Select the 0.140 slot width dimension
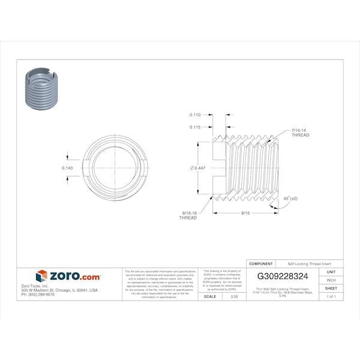[x=68, y=168]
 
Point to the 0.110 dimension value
[x=194, y=114]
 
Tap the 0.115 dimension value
[x=194, y=127]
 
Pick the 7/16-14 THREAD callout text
[x=300, y=133]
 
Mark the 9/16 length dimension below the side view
[x=245, y=213]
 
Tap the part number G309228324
[x=283, y=277]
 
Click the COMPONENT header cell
[x=261, y=263]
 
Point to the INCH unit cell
[x=331, y=280]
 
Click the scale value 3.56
[x=226, y=296]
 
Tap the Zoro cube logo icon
[x=41, y=276]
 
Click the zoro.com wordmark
[x=74, y=277]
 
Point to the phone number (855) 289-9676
[x=37, y=295]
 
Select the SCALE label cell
[x=210, y=296]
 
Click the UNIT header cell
[x=331, y=272]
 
